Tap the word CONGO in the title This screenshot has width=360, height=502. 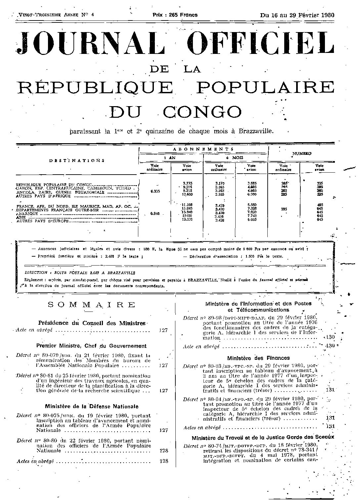coord(202,112)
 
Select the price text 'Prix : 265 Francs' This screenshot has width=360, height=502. coord(175,15)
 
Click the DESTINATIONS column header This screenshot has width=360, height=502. coord(77,160)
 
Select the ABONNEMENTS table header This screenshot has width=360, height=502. coord(203,149)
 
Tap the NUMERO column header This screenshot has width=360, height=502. coord(301,154)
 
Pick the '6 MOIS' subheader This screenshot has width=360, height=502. coord(235,158)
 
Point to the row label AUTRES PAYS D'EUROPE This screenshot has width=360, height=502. coord(43,221)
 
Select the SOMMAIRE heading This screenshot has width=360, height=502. coord(92,305)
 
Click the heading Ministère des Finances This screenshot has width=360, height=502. coord(258,358)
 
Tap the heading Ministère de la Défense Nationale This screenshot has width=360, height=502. coord(92,406)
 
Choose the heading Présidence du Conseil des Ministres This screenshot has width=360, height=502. coord(92,323)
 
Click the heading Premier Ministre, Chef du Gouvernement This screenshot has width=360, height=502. coord(92,346)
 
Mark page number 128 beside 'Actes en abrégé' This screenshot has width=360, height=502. coord(163,461)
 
